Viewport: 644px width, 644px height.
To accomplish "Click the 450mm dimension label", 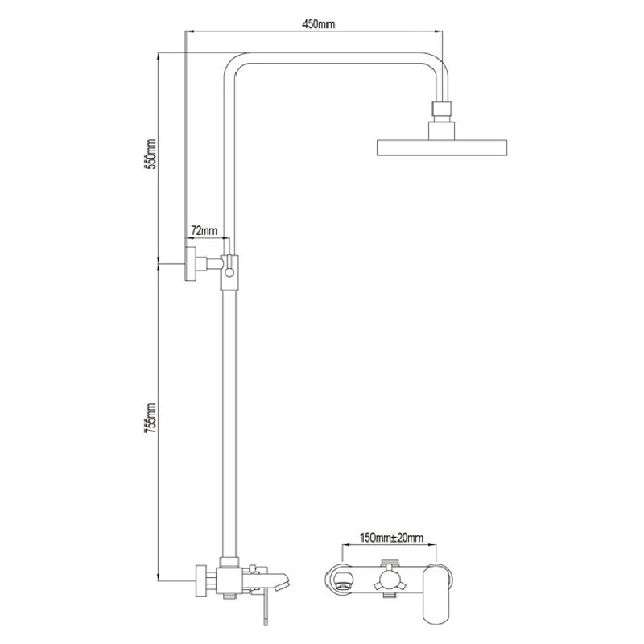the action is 318,24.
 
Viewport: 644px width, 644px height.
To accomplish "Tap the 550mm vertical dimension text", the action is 151,154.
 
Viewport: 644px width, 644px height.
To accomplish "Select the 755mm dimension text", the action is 151,418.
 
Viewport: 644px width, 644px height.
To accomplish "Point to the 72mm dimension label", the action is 204,230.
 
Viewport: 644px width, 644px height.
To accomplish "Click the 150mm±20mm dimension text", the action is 391,538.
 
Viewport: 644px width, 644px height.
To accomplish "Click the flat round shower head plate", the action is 442,148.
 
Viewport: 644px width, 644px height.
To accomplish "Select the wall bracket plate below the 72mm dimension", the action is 190,264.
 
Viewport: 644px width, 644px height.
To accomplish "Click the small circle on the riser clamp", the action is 229,272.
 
